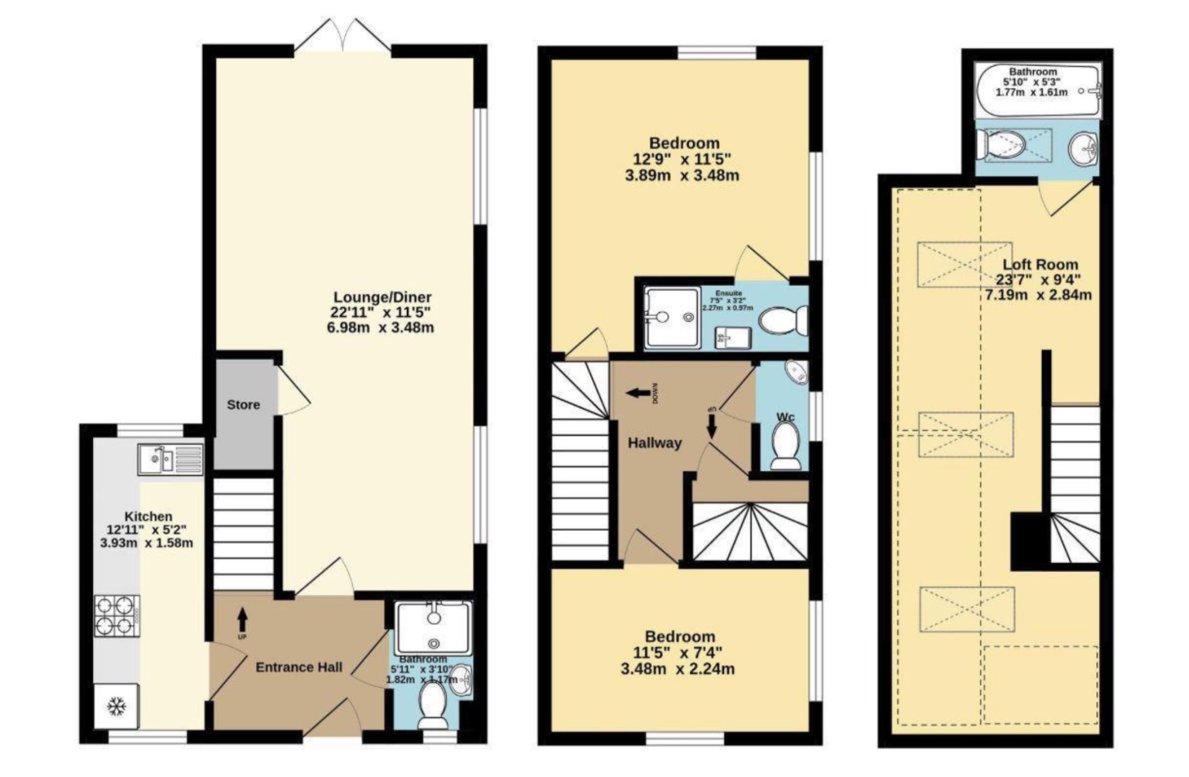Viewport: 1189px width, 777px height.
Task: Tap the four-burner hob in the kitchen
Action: point(117,616)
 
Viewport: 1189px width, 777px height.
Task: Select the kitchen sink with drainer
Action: point(170,460)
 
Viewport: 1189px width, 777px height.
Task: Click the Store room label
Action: point(243,404)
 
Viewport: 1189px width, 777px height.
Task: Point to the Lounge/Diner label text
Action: point(381,298)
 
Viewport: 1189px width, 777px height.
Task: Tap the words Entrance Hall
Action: point(299,667)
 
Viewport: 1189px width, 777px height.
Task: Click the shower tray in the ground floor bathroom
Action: point(434,628)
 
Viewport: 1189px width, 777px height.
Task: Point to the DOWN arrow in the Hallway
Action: point(641,393)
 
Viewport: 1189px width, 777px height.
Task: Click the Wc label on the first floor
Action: point(785,417)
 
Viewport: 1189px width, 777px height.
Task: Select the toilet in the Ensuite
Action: point(784,320)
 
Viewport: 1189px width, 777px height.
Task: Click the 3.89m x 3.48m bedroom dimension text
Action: point(682,175)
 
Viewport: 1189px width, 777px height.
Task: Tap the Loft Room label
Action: point(1040,264)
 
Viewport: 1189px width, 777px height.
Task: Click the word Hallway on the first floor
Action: point(654,443)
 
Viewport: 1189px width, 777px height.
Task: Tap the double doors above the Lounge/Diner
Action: point(343,36)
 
